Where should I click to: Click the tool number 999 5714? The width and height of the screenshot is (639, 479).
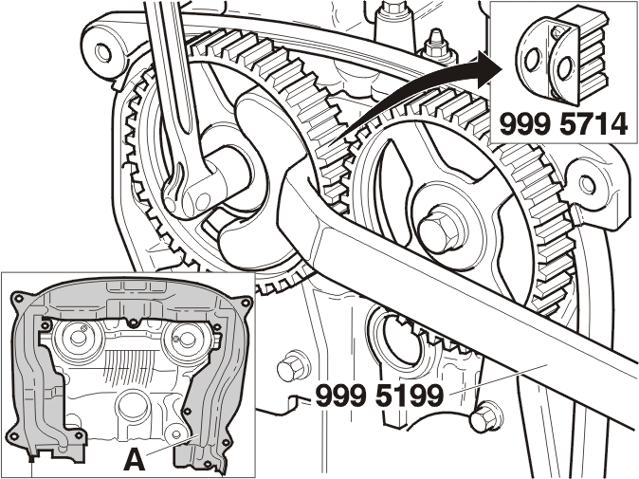point(563,124)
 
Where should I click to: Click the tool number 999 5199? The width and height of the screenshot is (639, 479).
point(379,396)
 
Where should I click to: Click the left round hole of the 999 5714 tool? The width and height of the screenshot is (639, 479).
point(533,61)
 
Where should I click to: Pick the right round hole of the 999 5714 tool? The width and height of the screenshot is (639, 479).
point(565,67)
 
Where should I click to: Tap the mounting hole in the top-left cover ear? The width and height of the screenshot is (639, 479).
point(102,52)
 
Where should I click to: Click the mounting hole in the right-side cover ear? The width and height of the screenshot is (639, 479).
point(587,184)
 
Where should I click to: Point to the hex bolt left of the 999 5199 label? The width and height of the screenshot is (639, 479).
point(289,367)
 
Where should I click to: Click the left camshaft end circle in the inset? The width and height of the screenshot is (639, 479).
point(76,337)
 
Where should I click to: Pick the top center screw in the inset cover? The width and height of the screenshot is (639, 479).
point(132,323)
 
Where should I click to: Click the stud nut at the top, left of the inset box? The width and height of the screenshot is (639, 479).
point(435,44)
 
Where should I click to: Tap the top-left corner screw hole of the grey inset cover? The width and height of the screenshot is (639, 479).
point(17,299)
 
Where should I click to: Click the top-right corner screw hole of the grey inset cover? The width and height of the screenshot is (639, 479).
point(245,303)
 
